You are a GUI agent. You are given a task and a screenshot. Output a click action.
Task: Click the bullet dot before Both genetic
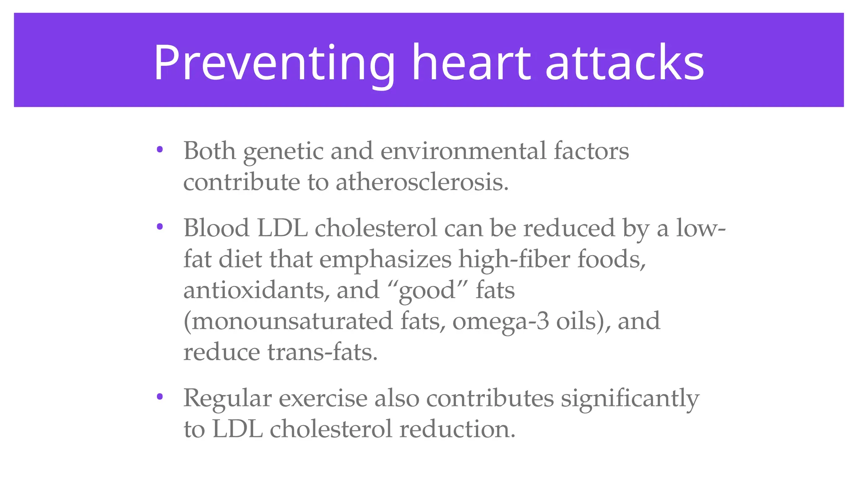[x=159, y=149]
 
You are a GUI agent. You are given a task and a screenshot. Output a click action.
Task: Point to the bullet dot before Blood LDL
[x=159, y=227]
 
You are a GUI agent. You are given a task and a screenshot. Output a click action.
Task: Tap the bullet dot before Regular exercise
[x=159, y=397]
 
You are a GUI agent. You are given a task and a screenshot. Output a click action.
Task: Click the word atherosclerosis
[x=422, y=182]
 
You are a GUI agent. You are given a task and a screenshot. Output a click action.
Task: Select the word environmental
[x=463, y=151]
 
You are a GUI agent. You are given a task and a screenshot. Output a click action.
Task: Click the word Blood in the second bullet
[x=216, y=228]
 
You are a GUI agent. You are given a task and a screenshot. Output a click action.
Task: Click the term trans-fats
[x=322, y=352]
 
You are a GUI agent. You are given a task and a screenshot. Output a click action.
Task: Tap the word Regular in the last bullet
[x=227, y=398]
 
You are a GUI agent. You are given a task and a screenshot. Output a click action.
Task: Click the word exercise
[x=323, y=398]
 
